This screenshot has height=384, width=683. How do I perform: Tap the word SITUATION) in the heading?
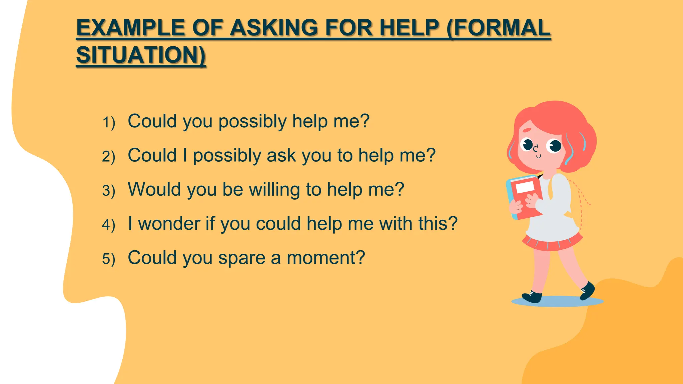(141, 55)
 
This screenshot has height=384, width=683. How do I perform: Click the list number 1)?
(109, 122)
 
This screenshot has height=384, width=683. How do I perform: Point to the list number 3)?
(109, 191)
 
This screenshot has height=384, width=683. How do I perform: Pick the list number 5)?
(109, 259)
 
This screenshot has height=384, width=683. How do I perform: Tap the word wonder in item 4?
(169, 223)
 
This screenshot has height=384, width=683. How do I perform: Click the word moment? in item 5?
(326, 258)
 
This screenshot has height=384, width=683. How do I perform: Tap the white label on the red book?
(525, 186)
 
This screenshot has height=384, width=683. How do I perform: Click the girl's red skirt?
(552, 243)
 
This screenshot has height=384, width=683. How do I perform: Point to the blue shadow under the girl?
(557, 302)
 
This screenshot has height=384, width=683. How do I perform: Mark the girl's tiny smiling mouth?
(538, 156)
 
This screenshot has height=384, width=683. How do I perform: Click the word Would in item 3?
(154, 189)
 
